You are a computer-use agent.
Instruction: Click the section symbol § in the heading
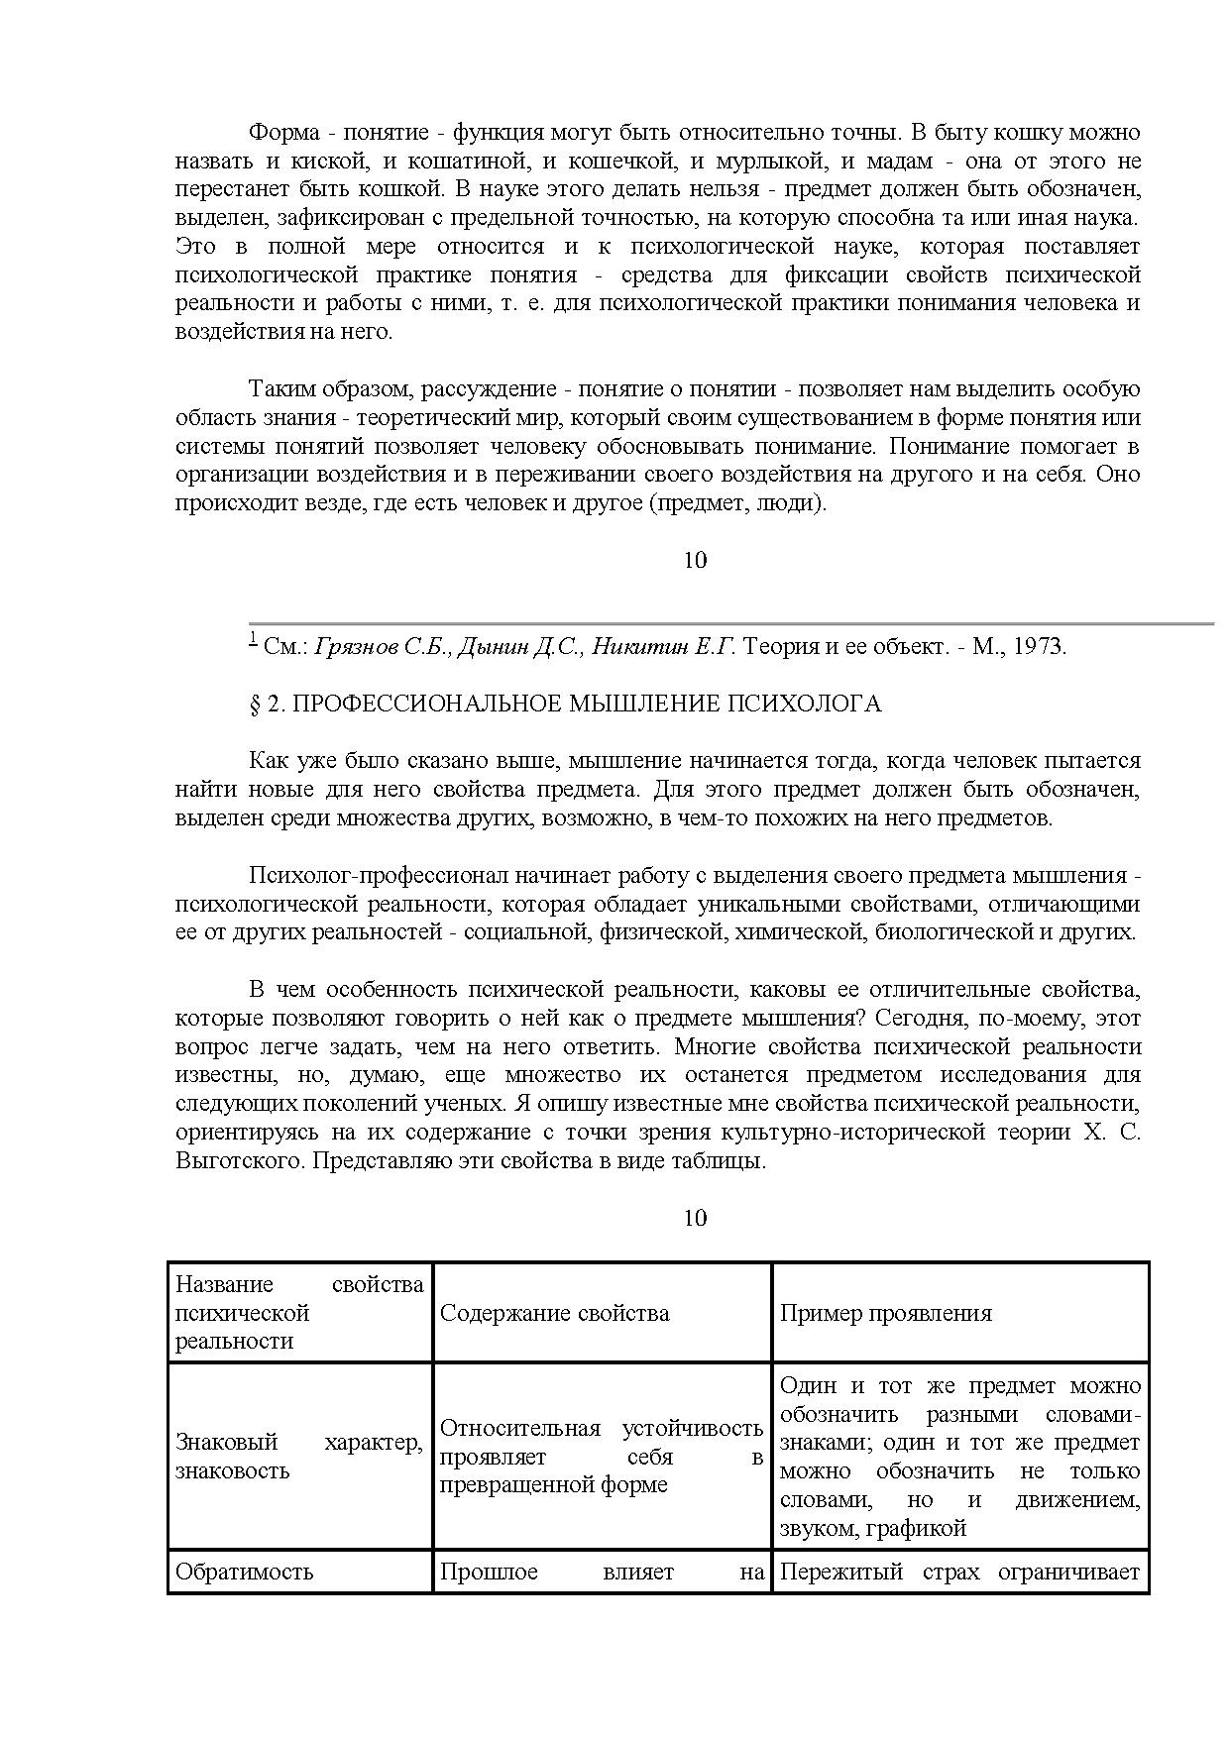(x=255, y=705)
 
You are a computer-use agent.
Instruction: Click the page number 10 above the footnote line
(x=695, y=561)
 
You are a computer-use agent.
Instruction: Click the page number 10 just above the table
(x=695, y=1218)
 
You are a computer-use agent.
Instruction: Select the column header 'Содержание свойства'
(x=554, y=1314)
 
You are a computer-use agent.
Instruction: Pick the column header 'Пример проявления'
(x=885, y=1314)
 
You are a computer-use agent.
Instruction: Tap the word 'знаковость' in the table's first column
(x=232, y=1471)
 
